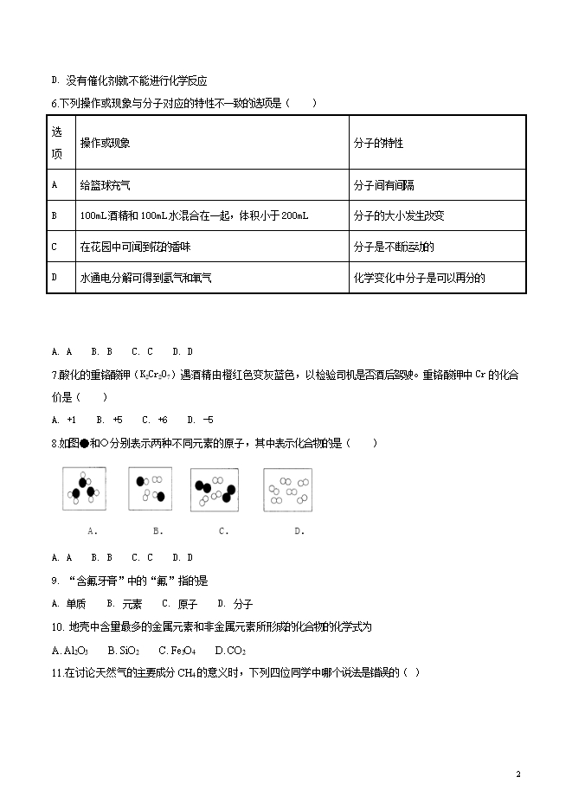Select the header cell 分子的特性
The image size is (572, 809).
tap(378, 143)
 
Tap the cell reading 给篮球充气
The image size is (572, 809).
tap(105, 184)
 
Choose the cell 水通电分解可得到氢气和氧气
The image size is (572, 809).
tap(146, 278)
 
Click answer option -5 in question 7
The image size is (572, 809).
tap(203, 420)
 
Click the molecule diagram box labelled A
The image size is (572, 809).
tap(85, 489)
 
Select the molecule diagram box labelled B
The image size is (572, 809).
tap(150, 489)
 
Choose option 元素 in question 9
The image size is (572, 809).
tap(130, 604)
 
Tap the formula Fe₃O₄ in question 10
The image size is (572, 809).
tap(181, 650)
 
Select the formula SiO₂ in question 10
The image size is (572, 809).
tap(127, 650)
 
